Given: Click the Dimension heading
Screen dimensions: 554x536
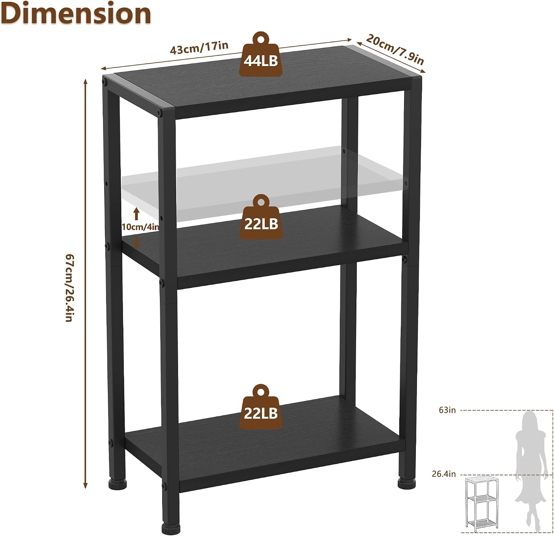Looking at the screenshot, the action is (76, 13).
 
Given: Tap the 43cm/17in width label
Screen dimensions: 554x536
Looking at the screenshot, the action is (199, 48).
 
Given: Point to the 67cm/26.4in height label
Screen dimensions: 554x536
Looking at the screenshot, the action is (69, 288).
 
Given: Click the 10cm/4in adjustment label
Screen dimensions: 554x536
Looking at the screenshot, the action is (140, 227).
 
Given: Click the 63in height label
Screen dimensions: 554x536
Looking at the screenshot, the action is (447, 410).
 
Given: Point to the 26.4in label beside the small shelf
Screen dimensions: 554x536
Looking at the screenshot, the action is (444, 474).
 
